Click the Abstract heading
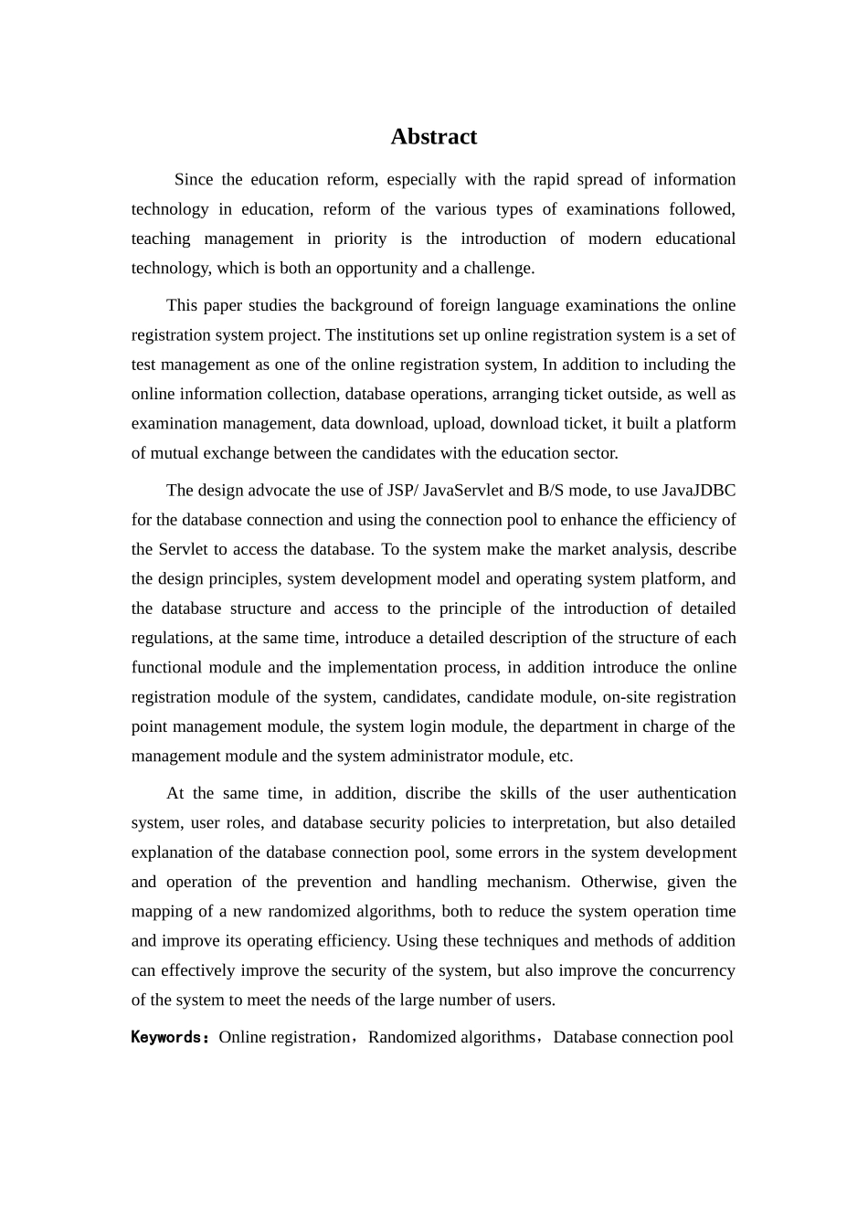pyautogui.click(x=433, y=137)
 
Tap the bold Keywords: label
pyautogui.click(x=171, y=1037)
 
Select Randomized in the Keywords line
pyautogui.click(x=412, y=1037)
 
